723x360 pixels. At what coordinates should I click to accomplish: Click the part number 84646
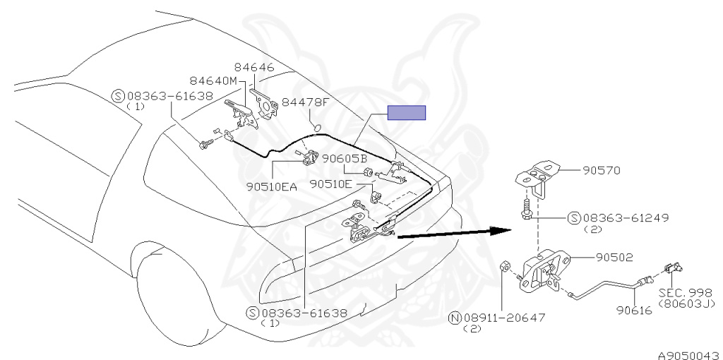pyautogui.click(x=254, y=68)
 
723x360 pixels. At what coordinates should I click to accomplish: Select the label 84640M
pyautogui.click(x=213, y=80)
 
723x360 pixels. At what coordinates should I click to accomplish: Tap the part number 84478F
pyautogui.click(x=305, y=102)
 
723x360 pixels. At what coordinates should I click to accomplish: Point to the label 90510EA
pyautogui.click(x=273, y=186)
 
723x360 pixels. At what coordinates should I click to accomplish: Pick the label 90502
pyautogui.click(x=614, y=258)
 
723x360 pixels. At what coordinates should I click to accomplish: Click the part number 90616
pyautogui.click(x=633, y=309)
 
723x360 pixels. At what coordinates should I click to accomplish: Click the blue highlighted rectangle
pyautogui.click(x=406, y=113)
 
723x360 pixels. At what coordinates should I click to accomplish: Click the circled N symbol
pyautogui.click(x=456, y=317)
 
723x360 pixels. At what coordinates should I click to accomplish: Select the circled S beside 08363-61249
pyautogui.click(x=574, y=218)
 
